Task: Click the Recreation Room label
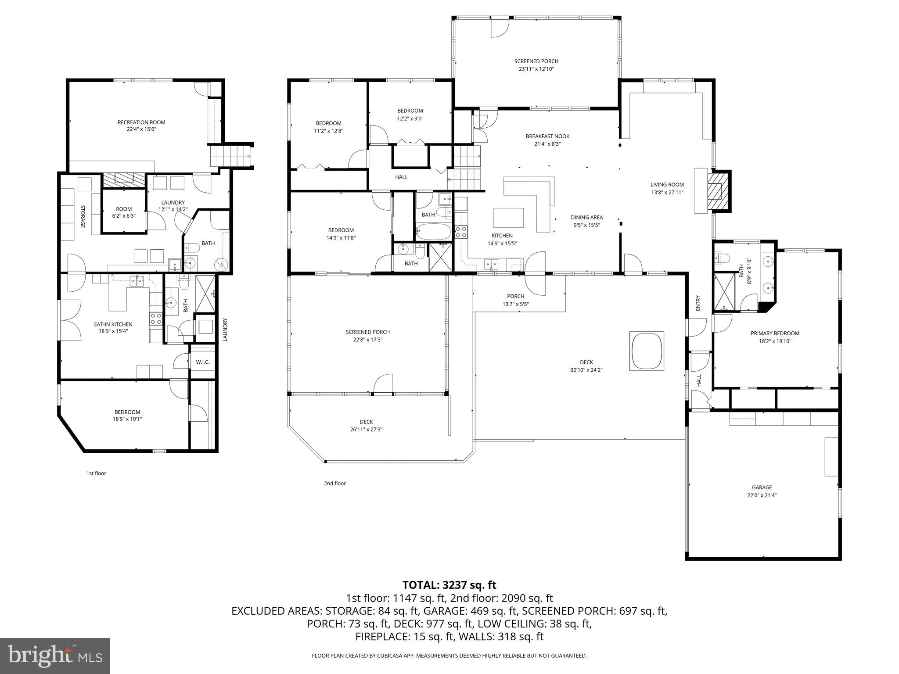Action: tap(141, 122)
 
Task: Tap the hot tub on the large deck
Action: tap(647, 351)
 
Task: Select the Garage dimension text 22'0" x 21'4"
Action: tap(762, 495)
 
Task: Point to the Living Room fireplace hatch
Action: tap(719, 191)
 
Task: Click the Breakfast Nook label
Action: tap(547, 136)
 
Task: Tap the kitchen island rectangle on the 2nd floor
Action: tap(509, 218)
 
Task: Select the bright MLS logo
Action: tap(55, 656)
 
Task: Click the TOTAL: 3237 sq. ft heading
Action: tap(449, 585)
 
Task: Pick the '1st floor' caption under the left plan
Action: tap(96, 473)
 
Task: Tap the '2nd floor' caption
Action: tap(334, 483)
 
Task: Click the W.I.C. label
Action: tap(203, 362)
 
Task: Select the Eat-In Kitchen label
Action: tap(113, 324)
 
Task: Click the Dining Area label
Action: tap(586, 217)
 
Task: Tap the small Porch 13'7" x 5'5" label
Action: tap(515, 296)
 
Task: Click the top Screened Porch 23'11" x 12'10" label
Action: tap(536, 61)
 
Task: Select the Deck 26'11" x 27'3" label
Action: tap(366, 422)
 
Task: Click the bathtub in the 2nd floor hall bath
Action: tap(433, 231)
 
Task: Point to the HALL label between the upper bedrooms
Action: tap(401, 177)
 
